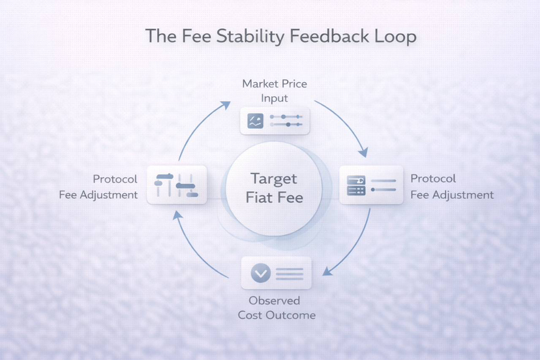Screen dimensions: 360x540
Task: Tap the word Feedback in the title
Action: (322, 36)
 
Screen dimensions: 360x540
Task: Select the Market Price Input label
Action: (274, 91)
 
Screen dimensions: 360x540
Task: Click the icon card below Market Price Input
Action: (274, 120)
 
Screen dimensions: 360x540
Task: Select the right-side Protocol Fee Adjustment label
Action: (451, 187)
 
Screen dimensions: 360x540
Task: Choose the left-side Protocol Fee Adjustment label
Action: (98, 187)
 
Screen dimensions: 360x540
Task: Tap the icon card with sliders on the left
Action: (176, 185)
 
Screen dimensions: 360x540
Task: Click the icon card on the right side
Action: (371, 185)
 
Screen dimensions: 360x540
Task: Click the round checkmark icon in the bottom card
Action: (261, 273)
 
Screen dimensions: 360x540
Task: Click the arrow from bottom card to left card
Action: (199, 248)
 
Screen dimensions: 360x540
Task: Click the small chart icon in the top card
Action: (256, 120)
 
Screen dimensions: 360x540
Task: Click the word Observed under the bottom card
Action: (274, 301)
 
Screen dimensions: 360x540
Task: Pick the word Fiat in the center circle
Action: (258, 196)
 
